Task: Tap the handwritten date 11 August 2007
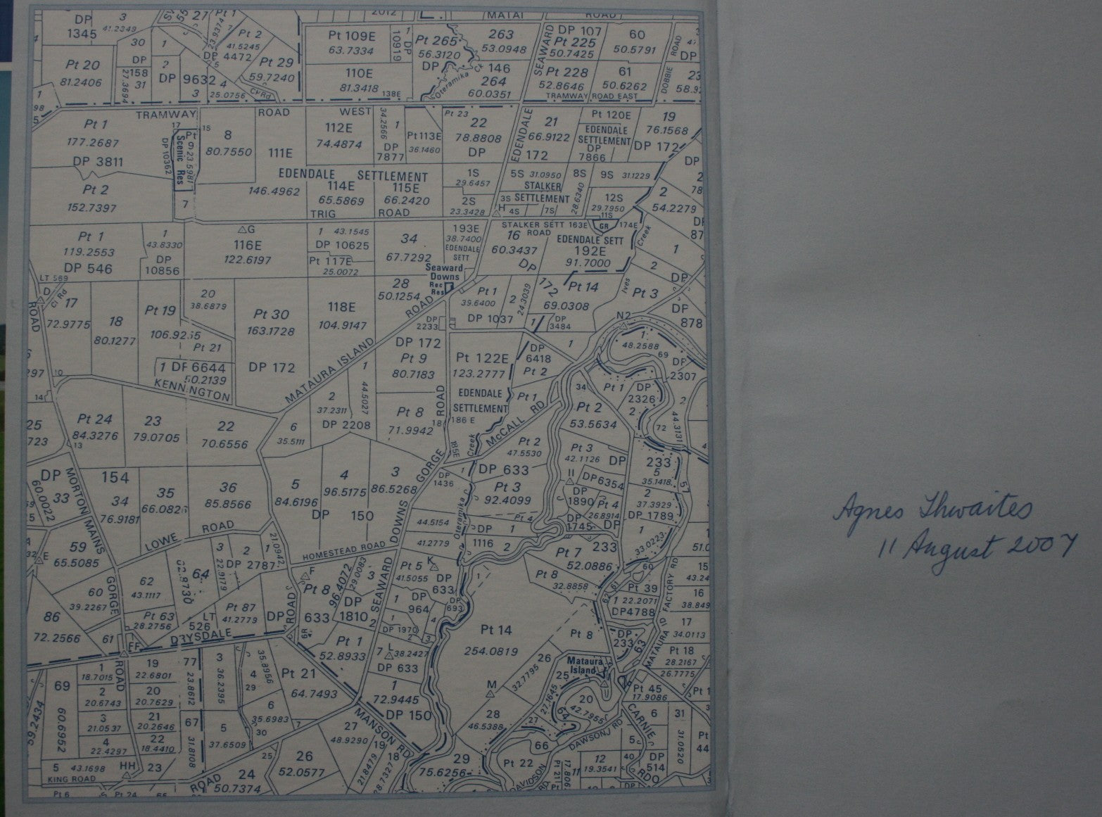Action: click(977, 547)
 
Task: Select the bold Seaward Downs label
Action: click(443, 272)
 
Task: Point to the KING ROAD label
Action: click(71, 780)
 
